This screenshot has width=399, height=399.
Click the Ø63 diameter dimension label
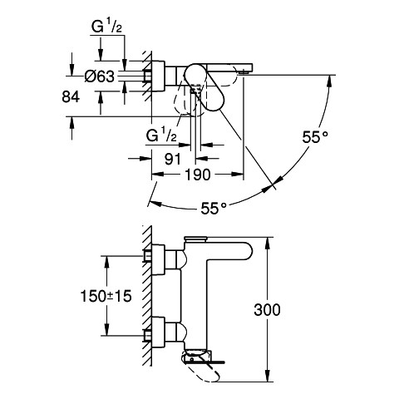click(x=99, y=76)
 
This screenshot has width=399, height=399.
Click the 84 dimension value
click(x=71, y=97)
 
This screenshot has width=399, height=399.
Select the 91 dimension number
click(x=172, y=159)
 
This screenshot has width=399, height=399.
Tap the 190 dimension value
click(x=198, y=175)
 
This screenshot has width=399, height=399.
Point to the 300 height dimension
click(x=267, y=310)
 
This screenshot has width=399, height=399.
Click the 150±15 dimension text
click(x=106, y=296)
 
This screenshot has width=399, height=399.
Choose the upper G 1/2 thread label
click(x=106, y=27)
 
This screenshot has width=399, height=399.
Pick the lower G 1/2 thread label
click(x=161, y=135)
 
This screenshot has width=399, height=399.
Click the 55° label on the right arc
click(x=315, y=137)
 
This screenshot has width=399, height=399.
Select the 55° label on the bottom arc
click(x=214, y=208)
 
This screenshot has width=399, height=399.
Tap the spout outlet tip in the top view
click(x=244, y=72)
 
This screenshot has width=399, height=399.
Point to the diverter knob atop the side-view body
click(x=196, y=239)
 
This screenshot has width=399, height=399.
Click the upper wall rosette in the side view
click(x=159, y=259)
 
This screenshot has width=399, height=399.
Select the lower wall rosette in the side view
click(x=159, y=331)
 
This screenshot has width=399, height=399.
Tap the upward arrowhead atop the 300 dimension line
click(x=268, y=243)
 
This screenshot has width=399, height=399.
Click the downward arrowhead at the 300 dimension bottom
click(x=268, y=377)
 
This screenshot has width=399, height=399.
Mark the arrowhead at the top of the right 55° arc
click(x=330, y=81)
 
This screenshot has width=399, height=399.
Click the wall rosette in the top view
click(x=159, y=76)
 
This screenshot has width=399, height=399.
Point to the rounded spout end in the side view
click(x=248, y=251)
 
